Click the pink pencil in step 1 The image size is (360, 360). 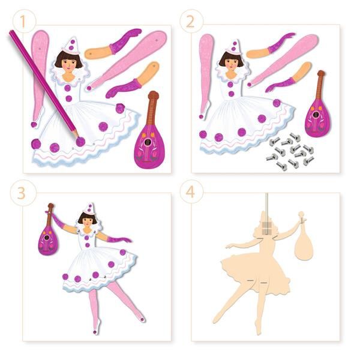45,84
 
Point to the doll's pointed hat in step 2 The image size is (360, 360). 233,45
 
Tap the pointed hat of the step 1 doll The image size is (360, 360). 71,44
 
